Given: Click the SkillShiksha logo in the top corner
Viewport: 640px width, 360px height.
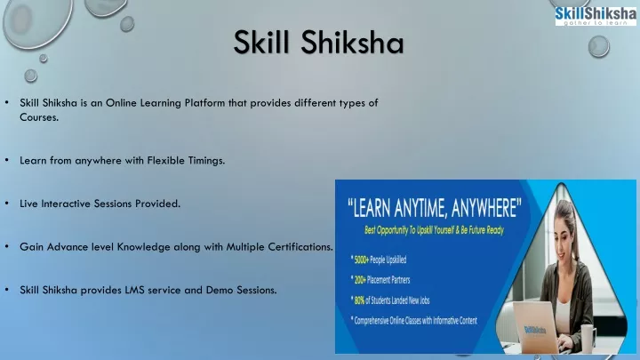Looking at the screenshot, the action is coord(596,16).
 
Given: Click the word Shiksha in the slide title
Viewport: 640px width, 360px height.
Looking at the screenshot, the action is coord(353,42).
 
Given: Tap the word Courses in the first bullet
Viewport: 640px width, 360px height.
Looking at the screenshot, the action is coord(39,117).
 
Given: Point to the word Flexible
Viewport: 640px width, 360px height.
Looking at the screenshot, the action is coord(166,160).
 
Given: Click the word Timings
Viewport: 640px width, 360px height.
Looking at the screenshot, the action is coord(206,161).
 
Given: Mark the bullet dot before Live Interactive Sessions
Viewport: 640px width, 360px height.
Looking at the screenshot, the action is coord(7,204).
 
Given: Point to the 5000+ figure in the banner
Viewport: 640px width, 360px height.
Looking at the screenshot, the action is coord(361,260).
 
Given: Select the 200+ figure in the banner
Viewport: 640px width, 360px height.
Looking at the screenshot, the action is coord(360,280).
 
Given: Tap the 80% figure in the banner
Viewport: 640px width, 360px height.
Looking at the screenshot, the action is coord(359,300).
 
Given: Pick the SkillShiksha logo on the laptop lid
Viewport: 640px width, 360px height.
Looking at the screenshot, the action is coord(535,330).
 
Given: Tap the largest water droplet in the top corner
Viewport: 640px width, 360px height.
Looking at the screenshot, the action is coord(37,22).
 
